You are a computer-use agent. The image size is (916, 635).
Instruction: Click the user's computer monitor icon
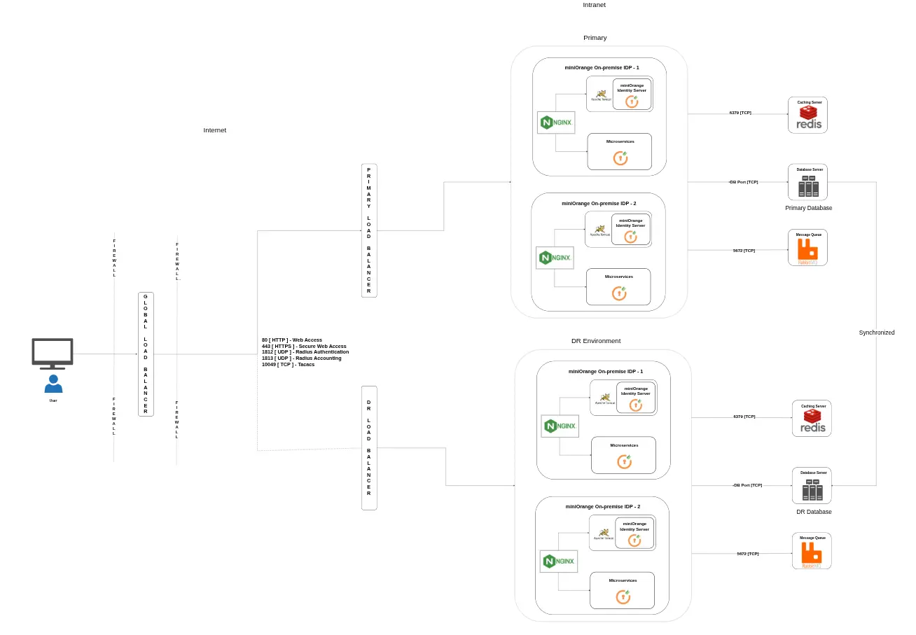(x=53, y=353)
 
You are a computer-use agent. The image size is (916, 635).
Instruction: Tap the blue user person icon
(x=53, y=384)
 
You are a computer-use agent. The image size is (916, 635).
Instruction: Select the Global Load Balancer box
(x=146, y=355)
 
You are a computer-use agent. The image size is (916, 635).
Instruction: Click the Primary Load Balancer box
(x=369, y=230)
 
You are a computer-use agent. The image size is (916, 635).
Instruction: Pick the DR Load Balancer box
(x=369, y=447)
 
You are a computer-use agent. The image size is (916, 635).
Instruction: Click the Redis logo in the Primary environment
(x=807, y=119)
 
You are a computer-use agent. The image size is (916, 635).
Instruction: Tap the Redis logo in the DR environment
(x=812, y=422)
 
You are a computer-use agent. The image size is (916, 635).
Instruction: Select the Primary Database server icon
(x=808, y=186)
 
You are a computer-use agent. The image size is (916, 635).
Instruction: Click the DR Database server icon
(x=812, y=489)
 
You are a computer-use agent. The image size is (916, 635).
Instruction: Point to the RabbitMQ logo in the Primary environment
(x=807, y=251)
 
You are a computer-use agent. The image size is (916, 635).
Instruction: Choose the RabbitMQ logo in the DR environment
(x=812, y=554)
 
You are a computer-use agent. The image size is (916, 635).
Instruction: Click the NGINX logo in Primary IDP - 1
(x=556, y=123)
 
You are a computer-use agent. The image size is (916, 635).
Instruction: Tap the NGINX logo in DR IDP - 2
(x=559, y=561)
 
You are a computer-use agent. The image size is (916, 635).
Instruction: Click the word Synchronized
(x=876, y=333)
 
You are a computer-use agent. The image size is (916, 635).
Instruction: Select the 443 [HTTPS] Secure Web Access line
(x=304, y=346)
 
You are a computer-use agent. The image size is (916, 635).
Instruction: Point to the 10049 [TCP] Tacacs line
(x=288, y=364)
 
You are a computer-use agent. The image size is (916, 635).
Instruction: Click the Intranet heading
(x=594, y=5)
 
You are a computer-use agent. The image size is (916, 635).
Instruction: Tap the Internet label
(x=214, y=130)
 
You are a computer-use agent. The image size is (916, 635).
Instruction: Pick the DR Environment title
(x=595, y=341)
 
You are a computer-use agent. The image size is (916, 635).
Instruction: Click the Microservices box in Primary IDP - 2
(x=618, y=286)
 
